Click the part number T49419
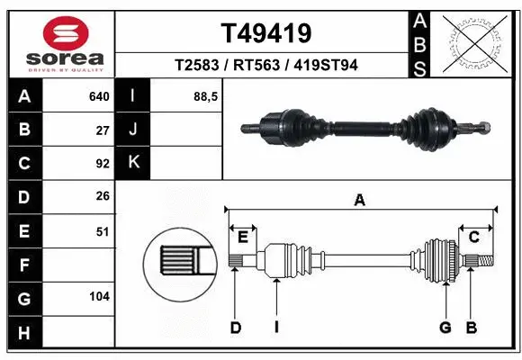(x=266, y=33)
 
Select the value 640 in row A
(x=98, y=96)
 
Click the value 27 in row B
(x=103, y=130)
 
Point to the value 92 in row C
(x=103, y=163)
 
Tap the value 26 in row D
(x=103, y=196)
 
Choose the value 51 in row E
(x=103, y=231)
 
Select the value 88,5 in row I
(x=206, y=96)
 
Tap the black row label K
(x=134, y=163)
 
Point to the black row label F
(x=23, y=265)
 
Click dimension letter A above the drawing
(x=359, y=201)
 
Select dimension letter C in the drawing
(x=473, y=237)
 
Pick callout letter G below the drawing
(x=444, y=327)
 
